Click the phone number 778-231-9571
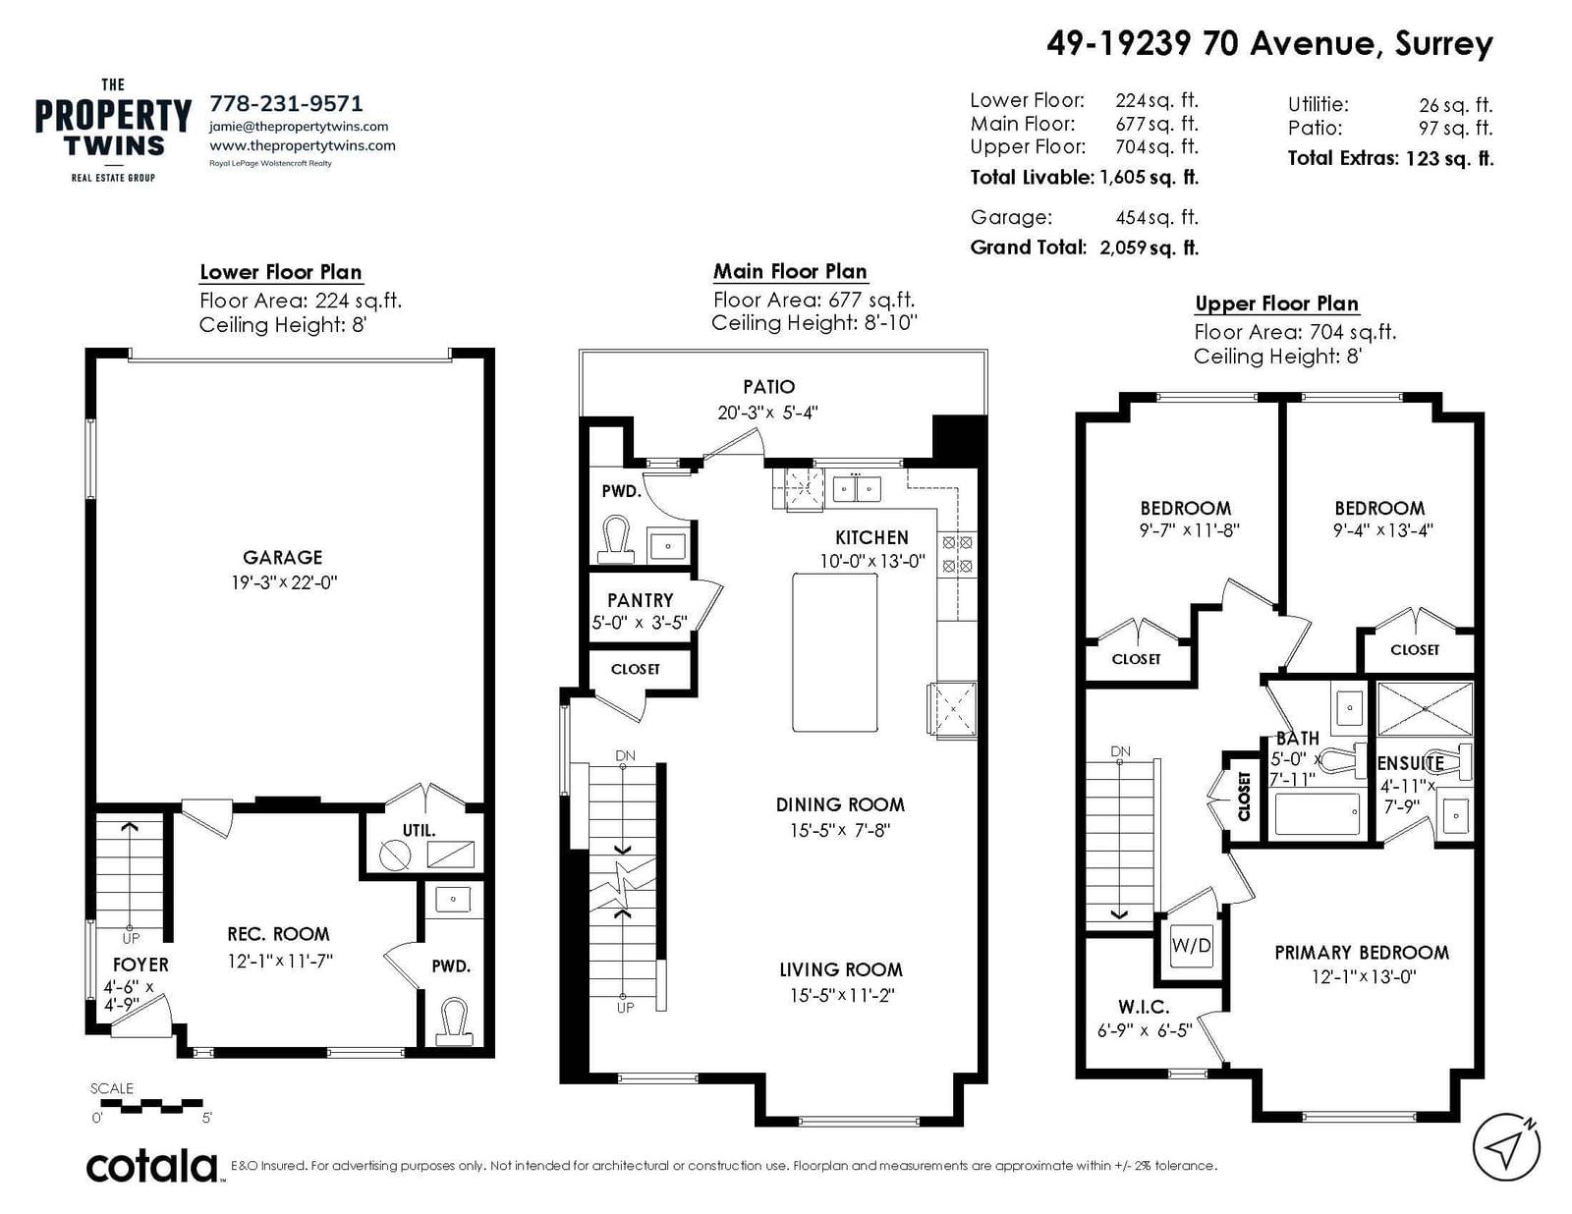coord(286,103)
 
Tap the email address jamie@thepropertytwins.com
coord(299,127)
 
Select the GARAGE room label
coord(282,558)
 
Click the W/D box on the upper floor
coord(1191,946)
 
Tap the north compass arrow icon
coord(1507,1147)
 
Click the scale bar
coord(151,1106)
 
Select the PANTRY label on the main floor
coord(641,600)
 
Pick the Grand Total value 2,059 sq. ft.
coord(1149,248)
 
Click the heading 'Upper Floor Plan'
coord(1277,303)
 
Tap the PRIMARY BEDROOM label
coord(1362,953)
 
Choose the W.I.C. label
coord(1143,1007)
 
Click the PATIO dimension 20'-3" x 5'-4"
coord(767,413)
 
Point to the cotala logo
coord(152,1166)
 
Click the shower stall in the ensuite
coord(1425,709)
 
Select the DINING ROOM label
coord(840,804)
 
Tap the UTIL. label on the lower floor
coord(419,831)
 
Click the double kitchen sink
coord(857,489)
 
